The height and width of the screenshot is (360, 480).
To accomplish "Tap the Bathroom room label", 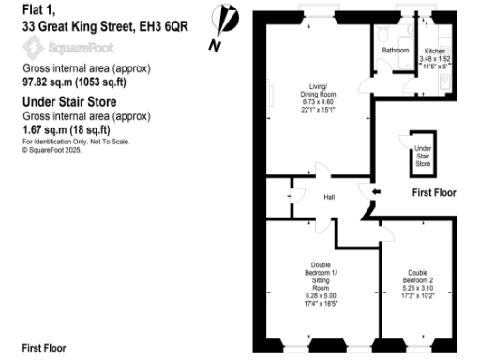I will click(392, 50).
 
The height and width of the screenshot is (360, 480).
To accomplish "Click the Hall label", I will click(330, 197).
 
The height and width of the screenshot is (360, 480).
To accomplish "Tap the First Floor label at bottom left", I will click(44, 348).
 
